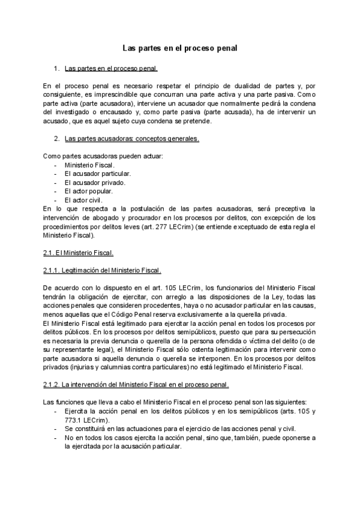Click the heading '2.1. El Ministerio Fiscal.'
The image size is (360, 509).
[79, 252]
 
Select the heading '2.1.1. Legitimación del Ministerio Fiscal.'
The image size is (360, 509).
[102, 270]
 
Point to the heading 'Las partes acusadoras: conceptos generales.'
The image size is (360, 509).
[131, 139]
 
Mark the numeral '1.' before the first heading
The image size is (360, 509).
[57, 68]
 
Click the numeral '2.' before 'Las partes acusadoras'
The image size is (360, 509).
[57, 139]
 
